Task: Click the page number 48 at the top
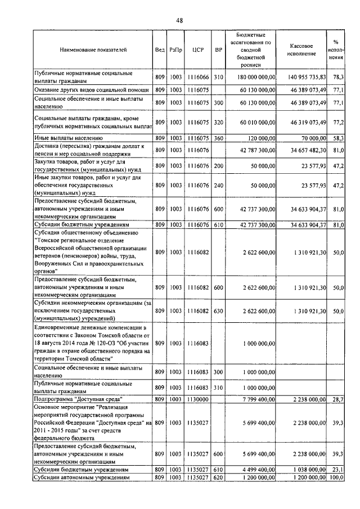tap(179, 20)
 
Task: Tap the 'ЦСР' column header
tap(197, 49)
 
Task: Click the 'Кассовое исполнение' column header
tap(307, 49)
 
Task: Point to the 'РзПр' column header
tap(175, 49)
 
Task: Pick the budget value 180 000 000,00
tap(253, 77)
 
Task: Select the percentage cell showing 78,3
tap(338, 77)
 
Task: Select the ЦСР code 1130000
tap(197, 399)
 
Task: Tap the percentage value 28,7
tap(338, 399)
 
